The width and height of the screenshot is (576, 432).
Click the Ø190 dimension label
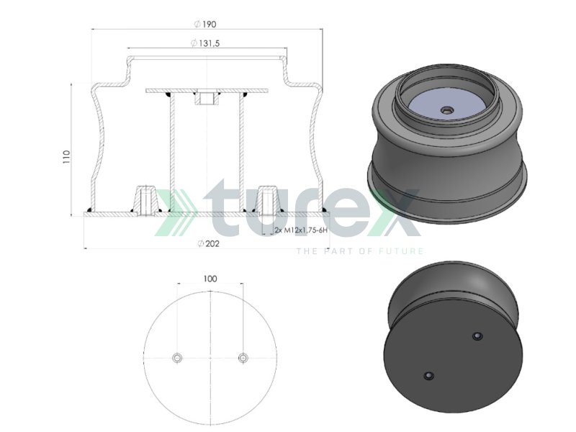tap(206, 24)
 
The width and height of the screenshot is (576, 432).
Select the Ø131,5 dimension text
tap(206, 44)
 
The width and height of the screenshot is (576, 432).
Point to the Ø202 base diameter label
tap(208, 243)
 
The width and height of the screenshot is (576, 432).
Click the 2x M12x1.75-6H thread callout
tap(301, 230)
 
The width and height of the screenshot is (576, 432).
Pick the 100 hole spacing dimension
tap(210, 278)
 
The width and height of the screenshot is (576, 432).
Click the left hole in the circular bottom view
tap(177, 358)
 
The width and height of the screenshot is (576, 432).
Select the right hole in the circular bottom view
tap(243, 358)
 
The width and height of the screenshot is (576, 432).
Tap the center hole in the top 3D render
tap(446, 110)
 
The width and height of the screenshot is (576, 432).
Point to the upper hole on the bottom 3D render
tap(476, 336)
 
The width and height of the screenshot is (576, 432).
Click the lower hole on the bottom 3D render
tap(429, 376)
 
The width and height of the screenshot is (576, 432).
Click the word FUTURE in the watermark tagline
tap(402, 251)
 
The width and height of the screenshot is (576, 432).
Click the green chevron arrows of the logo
tap(176, 213)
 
